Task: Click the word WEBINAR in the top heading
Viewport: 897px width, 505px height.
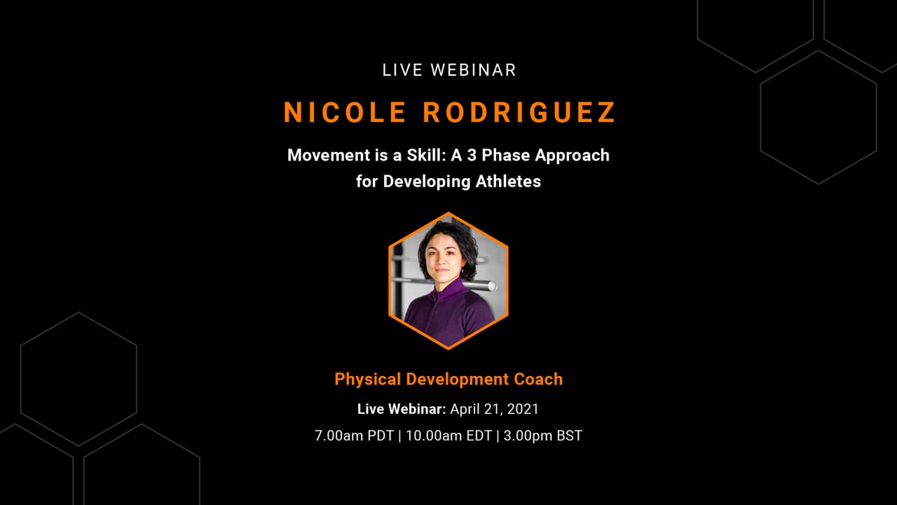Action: pyautogui.click(x=473, y=70)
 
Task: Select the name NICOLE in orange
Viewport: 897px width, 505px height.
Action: pyautogui.click(x=345, y=112)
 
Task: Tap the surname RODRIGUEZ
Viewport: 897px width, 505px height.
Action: pyautogui.click(x=519, y=112)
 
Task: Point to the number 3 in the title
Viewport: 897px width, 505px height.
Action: pyautogui.click(x=472, y=155)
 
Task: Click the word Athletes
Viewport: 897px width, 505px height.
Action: pyautogui.click(x=508, y=181)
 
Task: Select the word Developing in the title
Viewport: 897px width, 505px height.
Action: pyautogui.click(x=427, y=182)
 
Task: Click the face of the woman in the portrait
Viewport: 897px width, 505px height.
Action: pyautogui.click(x=444, y=260)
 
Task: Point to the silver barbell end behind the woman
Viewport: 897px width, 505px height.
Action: pyautogui.click(x=491, y=285)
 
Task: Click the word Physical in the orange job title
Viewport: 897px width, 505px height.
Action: pyautogui.click(x=368, y=380)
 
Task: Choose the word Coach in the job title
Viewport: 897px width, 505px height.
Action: pyautogui.click(x=538, y=379)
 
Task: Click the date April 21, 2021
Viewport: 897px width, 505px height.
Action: pyautogui.click(x=495, y=409)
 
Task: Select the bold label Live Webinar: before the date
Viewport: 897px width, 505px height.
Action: pyautogui.click(x=402, y=409)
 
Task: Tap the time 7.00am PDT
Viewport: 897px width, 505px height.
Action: pyautogui.click(x=355, y=436)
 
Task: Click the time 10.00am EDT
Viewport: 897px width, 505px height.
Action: pyautogui.click(x=449, y=436)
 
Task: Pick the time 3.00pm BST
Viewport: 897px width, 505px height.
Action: pyautogui.click(x=542, y=436)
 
